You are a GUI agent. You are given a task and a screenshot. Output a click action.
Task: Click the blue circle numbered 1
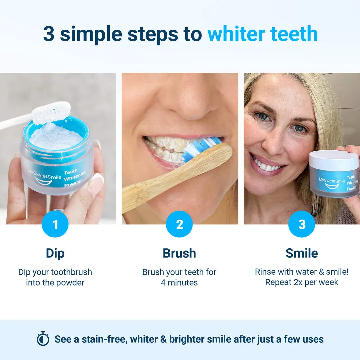(55, 224)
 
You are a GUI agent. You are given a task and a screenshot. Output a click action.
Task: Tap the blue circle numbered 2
(179, 224)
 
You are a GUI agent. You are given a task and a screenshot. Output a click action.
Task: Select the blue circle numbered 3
(302, 224)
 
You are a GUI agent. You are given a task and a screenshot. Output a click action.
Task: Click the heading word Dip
(55, 253)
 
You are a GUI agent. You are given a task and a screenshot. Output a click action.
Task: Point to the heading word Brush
(179, 253)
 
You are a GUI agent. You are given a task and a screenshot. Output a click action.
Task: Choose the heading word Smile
(302, 253)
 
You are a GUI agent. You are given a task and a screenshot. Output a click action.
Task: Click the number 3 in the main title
(49, 34)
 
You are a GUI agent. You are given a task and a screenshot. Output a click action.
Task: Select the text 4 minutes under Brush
(179, 283)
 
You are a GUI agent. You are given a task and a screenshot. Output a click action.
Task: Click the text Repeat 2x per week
(302, 283)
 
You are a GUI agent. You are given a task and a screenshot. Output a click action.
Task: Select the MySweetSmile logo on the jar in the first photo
(45, 177)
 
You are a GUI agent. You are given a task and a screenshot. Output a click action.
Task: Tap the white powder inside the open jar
(58, 137)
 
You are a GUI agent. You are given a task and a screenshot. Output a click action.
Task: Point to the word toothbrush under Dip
(71, 272)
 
